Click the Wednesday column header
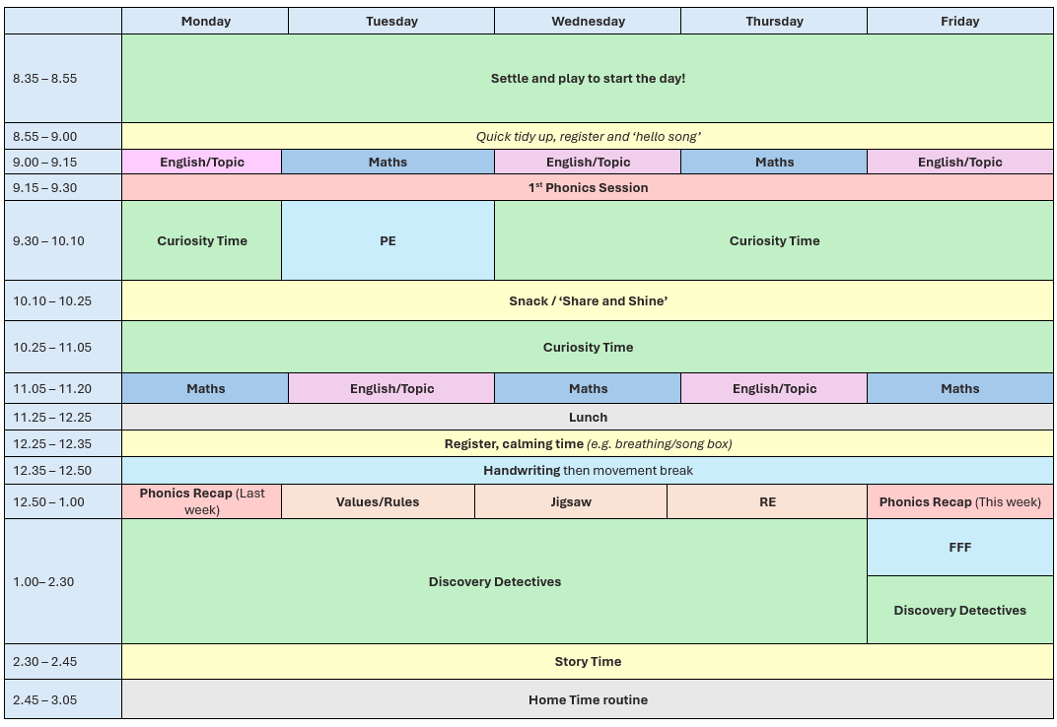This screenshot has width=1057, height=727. [588, 21]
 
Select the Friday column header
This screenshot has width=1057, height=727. [960, 21]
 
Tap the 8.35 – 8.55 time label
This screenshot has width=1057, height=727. [44, 78]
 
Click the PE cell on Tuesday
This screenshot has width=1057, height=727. [388, 240]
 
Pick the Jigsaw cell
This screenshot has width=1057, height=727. [571, 502]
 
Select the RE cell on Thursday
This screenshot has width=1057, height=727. [767, 502]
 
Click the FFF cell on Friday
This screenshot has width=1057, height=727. [960, 547]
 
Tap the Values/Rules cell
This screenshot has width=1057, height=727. [378, 502]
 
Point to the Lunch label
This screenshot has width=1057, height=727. [588, 417]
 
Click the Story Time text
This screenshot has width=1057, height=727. [588, 662]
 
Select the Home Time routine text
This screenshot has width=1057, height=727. [588, 700]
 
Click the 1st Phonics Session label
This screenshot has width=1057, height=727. [588, 187]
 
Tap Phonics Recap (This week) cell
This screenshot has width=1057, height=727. [960, 502]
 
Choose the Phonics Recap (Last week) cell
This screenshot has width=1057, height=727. [201, 502]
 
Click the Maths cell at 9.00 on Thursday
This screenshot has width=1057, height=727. [774, 162]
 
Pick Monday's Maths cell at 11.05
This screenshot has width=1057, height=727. [206, 389]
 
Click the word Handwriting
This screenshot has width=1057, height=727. [522, 470]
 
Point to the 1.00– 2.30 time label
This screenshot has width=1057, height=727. [43, 581]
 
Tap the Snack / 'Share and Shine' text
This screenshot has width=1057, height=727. [588, 301]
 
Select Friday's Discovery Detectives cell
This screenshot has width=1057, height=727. [960, 610]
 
